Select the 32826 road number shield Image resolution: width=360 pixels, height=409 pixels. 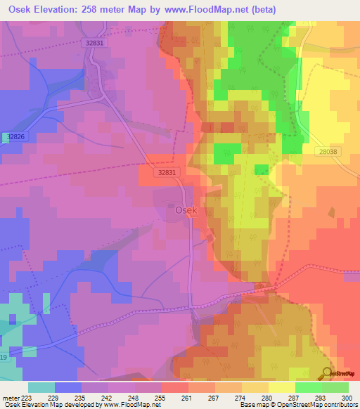point(13,136)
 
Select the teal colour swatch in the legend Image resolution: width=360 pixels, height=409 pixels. point(41,387)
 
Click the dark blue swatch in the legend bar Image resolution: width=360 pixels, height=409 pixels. point(68,387)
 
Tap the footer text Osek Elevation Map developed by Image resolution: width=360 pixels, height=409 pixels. point(49,405)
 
